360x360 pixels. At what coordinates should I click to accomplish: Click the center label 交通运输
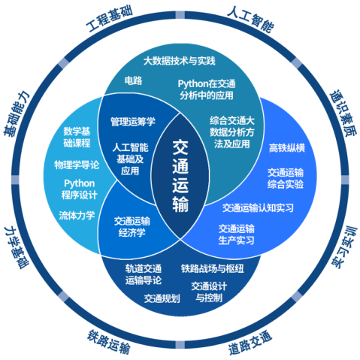pos(180,176)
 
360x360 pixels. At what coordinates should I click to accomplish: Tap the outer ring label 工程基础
pos(109,20)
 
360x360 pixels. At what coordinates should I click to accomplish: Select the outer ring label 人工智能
pos(250,20)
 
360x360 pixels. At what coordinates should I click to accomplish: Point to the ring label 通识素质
pos(343,113)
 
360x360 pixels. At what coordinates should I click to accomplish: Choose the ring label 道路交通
pos(250,342)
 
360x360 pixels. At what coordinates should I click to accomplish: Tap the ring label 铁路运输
pos(109,342)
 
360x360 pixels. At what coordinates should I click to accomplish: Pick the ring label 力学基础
pos(17,247)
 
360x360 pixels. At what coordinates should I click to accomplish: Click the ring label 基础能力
pos(17,114)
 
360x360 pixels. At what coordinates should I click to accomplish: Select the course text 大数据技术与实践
pos(180,61)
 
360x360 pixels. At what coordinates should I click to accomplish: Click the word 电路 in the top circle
pos(133,80)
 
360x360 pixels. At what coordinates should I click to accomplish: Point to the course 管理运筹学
pos(133,122)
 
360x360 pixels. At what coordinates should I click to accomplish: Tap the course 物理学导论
pos(77,165)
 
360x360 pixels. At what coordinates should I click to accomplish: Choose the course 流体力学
pos(77,215)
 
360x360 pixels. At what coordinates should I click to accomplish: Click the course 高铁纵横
pos(287,148)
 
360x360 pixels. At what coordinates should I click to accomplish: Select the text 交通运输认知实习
pos(258,207)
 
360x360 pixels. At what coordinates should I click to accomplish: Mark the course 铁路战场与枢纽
pos(213,268)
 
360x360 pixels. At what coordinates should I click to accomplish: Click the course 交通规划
pos(162,298)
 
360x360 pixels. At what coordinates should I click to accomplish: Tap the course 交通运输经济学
pos(132,227)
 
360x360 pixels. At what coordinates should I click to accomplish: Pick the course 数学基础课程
pos(77,137)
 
